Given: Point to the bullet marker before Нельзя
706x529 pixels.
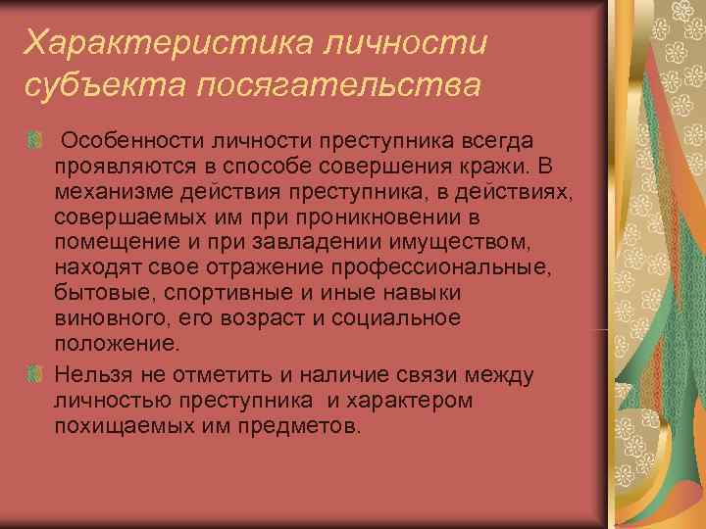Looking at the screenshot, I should [x=34, y=374].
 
